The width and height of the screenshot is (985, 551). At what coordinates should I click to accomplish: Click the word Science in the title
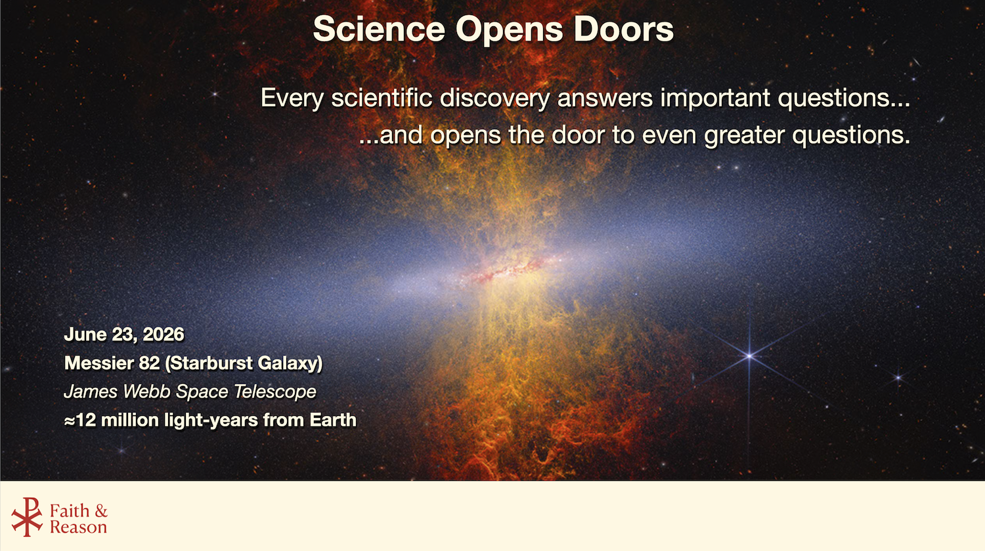point(379,29)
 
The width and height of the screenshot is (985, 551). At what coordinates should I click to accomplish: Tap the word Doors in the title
point(624,29)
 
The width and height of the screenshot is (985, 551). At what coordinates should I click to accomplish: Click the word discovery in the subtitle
point(494,98)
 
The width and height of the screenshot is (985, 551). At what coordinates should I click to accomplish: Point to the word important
point(715,98)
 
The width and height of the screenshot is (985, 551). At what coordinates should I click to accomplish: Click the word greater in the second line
point(744,135)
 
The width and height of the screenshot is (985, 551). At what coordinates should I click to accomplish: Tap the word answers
point(605,98)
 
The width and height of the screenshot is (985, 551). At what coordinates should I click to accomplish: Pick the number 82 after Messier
point(149,363)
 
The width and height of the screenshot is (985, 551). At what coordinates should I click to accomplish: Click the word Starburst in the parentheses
point(209,363)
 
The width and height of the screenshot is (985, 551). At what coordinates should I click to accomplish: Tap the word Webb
point(146,392)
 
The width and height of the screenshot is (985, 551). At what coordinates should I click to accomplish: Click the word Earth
point(333,420)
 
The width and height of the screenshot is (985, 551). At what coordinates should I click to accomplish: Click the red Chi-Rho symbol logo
point(27,517)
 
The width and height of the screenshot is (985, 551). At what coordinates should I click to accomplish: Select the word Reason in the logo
point(78,527)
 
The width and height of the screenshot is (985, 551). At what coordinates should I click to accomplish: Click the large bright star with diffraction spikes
point(749,356)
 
